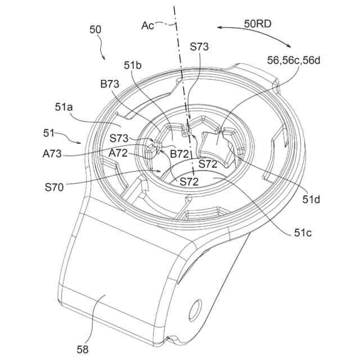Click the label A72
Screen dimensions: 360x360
coord(119,153)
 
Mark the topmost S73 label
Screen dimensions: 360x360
coord(199,47)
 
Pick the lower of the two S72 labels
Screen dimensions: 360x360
coord(190,181)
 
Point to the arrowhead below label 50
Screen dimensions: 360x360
coord(104,58)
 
